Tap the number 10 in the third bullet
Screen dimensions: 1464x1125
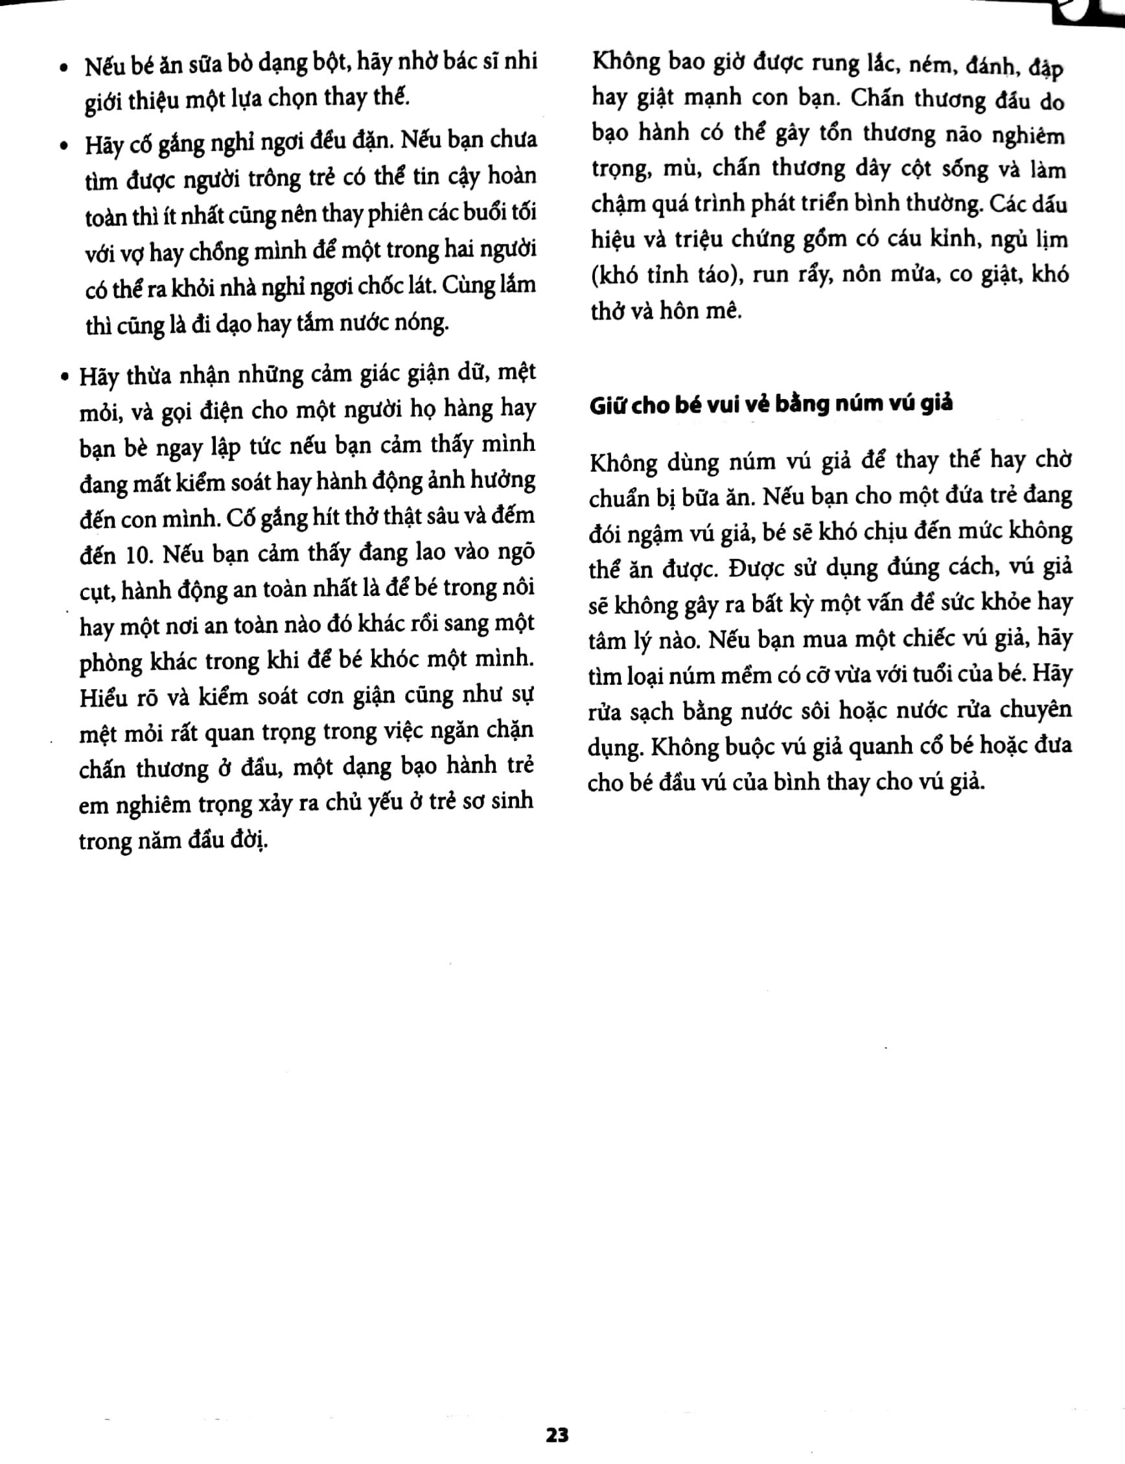[x=139, y=555]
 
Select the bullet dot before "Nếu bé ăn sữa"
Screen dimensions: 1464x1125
[x=64, y=67]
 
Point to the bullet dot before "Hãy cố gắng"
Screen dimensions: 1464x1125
[x=64, y=146]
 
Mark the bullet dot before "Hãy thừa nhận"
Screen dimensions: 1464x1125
[x=64, y=378]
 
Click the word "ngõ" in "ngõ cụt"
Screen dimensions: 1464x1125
[x=517, y=552]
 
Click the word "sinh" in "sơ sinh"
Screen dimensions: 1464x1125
[x=511, y=801]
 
